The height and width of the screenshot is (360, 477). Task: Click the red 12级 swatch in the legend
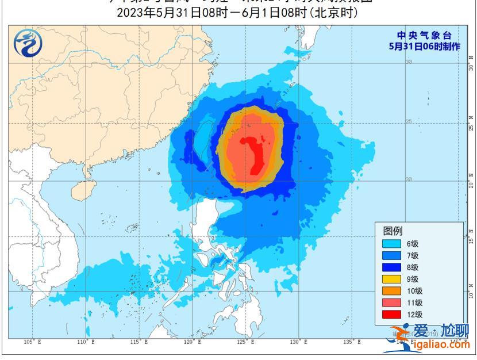click(392, 315)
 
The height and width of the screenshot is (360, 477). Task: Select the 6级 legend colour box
click(392, 244)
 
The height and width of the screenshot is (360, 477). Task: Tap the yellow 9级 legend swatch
click(392, 279)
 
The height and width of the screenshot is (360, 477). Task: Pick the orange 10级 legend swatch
click(392, 291)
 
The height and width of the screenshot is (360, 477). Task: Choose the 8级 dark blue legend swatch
click(392, 267)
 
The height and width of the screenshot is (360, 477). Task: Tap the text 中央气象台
click(425, 36)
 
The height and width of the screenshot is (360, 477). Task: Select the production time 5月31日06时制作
click(425, 47)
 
